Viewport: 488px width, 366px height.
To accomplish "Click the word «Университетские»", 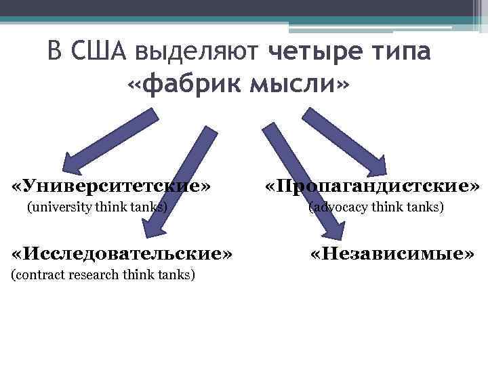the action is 113,185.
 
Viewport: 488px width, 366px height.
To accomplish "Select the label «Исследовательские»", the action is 123,253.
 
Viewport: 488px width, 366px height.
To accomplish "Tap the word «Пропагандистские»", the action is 372,185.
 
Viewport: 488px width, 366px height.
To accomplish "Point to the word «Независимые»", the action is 392,253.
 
